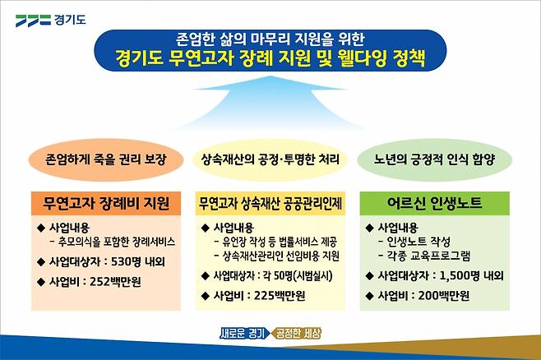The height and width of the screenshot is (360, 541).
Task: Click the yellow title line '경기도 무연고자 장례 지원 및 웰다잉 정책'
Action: click(270, 58)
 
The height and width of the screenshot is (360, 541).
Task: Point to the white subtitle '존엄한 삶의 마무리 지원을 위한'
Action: click(270, 38)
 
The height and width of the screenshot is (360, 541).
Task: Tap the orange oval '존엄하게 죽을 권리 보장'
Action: click(101, 160)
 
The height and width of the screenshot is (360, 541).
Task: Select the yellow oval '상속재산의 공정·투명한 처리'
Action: click(270, 160)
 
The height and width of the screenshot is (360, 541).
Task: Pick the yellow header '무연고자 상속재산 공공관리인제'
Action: click(270, 202)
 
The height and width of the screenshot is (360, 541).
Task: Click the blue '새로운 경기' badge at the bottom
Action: click(243, 334)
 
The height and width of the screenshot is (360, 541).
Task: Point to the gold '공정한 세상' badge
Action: click(297, 334)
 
